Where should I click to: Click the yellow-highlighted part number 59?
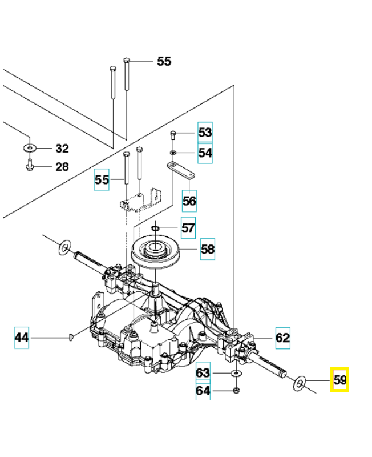click(339, 380)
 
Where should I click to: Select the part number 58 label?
click(208, 249)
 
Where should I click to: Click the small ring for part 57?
click(156, 229)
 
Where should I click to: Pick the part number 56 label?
click(189, 200)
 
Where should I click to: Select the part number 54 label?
click(205, 153)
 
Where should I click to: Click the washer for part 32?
click(29, 149)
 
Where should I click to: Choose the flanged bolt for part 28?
click(29, 166)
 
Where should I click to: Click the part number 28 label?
click(62, 167)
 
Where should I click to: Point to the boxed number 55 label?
click(102, 179)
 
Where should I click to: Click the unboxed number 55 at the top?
click(164, 61)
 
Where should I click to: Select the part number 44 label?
click(21, 338)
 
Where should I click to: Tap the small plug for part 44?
click(71, 338)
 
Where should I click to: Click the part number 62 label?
click(282, 338)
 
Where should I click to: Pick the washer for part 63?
click(235, 373)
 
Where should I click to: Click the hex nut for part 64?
click(235, 391)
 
